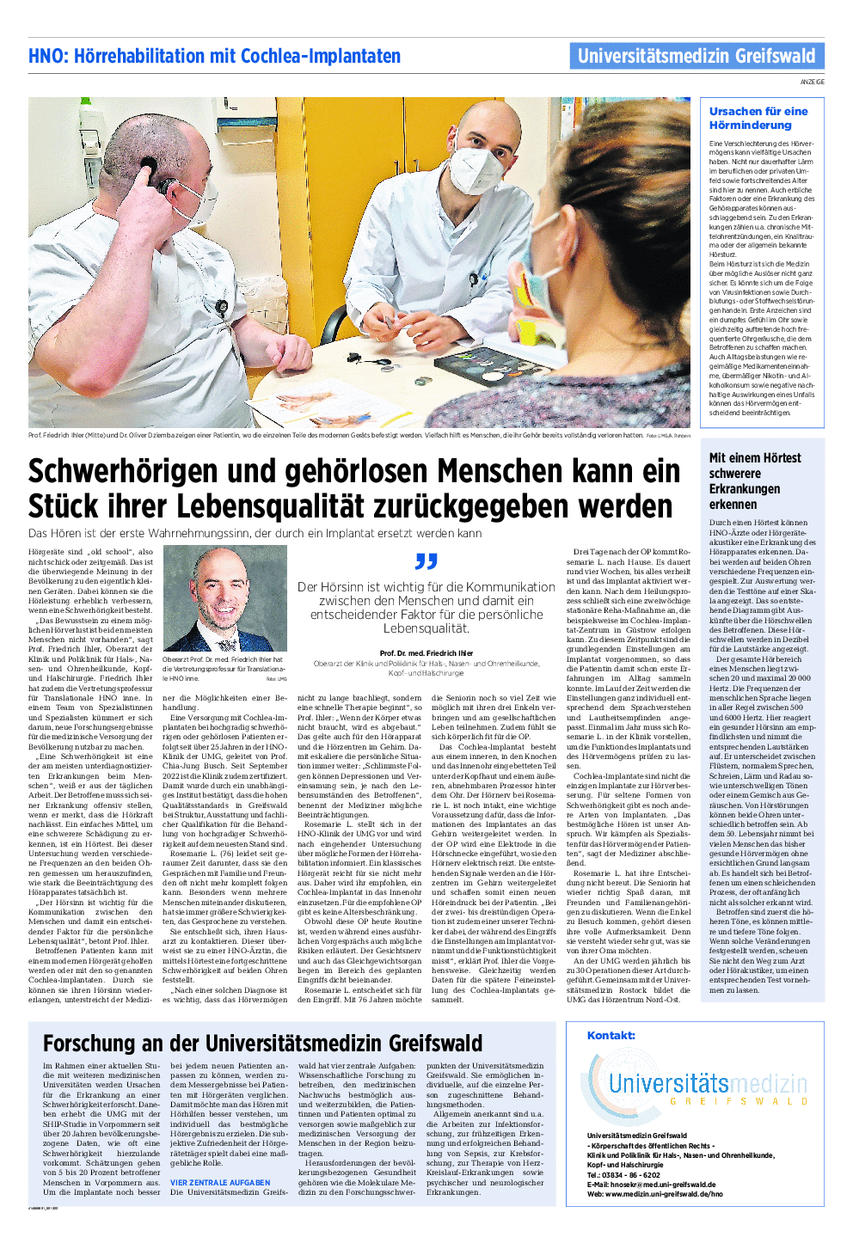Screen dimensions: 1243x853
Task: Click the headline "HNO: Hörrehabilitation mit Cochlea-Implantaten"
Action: (x=214, y=57)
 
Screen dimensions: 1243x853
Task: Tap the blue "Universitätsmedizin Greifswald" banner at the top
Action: (x=697, y=57)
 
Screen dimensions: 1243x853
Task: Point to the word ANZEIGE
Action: (x=812, y=82)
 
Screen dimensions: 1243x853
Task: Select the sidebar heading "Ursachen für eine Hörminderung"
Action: (x=758, y=118)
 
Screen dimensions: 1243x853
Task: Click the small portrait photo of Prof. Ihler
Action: (x=225, y=599)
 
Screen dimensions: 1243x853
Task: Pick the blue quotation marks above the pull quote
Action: (x=426, y=561)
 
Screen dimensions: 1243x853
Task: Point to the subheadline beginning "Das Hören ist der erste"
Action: (x=255, y=533)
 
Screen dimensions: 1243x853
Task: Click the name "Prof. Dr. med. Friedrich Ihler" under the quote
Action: (x=426, y=653)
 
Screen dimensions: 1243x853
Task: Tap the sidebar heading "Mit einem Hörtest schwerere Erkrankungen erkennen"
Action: (x=755, y=481)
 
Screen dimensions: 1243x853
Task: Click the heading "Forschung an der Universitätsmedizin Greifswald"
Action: (x=262, y=1044)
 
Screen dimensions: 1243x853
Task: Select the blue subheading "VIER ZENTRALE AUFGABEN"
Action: (x=220, y=1183)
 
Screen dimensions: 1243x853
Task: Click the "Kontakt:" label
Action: (x=611, y=1035)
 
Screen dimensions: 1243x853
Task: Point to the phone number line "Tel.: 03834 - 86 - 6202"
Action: (x=623, y=1175)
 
